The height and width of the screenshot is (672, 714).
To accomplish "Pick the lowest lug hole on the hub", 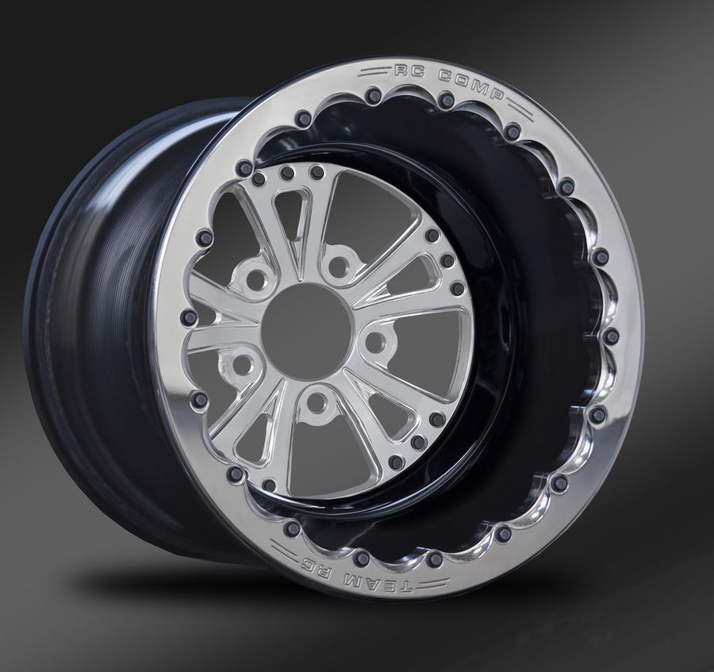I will (x=318, y=403).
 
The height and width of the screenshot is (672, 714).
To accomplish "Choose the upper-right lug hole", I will (x=340, y=263).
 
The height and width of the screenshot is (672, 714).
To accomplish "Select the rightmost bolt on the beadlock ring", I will (x=611, y=336).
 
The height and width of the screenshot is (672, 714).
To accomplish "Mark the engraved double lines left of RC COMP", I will (x=373, y=71).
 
